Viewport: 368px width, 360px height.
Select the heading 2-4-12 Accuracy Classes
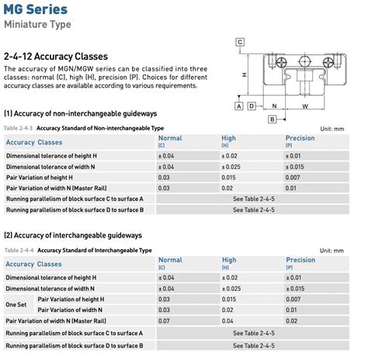point(56,57)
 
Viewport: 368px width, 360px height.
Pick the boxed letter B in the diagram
point(273,119)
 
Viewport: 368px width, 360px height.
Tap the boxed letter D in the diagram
point(252,106)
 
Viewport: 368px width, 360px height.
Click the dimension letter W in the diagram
point(305,106)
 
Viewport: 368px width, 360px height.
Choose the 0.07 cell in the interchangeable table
point(164,320)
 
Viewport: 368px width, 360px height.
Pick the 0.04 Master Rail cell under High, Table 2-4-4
point(227,320)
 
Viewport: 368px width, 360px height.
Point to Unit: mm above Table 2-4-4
point(345,251)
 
